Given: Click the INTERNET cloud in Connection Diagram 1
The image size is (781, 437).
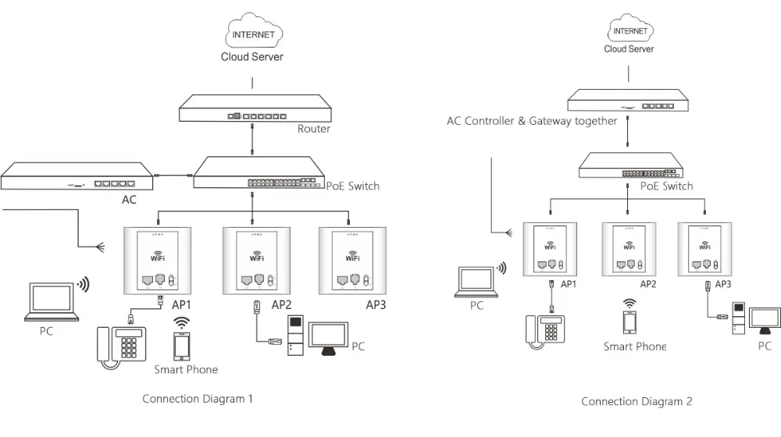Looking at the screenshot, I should [x=252, y=36].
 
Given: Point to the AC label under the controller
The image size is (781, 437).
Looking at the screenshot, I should [x=129, y=201].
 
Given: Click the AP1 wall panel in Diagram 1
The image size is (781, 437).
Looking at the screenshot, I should [x=154, y=258].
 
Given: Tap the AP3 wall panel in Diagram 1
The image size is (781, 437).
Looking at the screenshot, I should [x=349, y=258].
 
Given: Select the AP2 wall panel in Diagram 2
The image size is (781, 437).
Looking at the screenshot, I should [x=629, y=249].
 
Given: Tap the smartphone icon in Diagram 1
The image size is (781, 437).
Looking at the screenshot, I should [x=182, y=346].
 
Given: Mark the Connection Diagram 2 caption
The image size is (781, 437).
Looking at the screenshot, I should [x=636, y=402].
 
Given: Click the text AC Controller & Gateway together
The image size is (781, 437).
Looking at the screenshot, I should [x=531, y=121].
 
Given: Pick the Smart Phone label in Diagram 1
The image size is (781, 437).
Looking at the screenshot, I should [x=186, y=369].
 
